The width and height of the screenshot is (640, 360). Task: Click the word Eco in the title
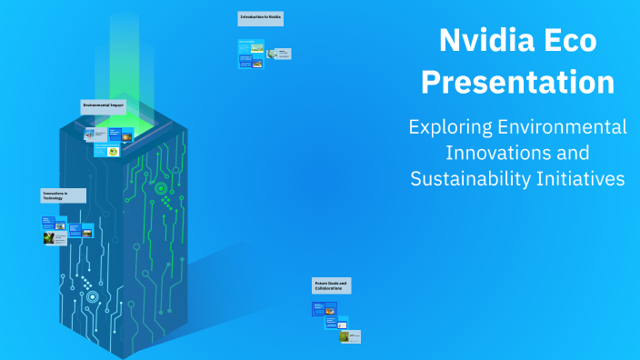[573, 41]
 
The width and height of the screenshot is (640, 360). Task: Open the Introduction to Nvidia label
[261, 18]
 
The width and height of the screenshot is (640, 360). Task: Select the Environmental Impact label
[104, 106]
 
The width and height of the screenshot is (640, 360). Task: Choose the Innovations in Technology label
[63, 195]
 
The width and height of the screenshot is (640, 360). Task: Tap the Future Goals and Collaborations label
[331, 286]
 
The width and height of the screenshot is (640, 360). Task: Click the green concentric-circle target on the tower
[161, 189]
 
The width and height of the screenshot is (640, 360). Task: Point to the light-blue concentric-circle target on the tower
[92, 296]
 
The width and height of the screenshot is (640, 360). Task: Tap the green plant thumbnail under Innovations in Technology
[49, 238]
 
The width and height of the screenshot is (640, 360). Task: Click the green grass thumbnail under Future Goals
[345, 336]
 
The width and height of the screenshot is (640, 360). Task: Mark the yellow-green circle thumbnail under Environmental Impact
[113, 151]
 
